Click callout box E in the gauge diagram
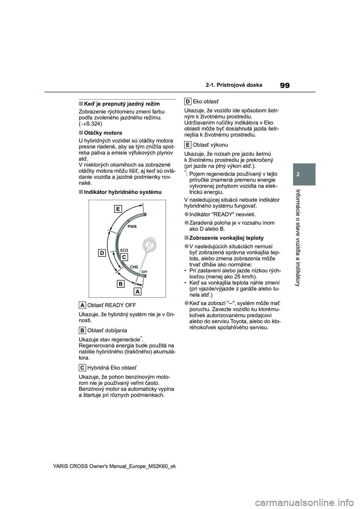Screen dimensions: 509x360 [118, 209]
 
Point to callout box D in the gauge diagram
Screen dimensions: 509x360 [102, 253]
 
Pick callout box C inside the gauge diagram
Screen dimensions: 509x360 [124, 257]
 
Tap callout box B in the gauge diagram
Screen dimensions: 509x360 [121, 284]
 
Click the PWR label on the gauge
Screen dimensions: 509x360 [132, 227]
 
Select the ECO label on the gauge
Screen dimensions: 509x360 [124, 250]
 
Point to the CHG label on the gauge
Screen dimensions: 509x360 [134, 267]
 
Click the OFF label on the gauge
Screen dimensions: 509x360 [144, 271]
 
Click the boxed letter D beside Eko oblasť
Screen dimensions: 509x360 [188, 101]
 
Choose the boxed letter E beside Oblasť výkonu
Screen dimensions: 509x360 [188, 145]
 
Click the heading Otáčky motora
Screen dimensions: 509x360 [103, 133]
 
